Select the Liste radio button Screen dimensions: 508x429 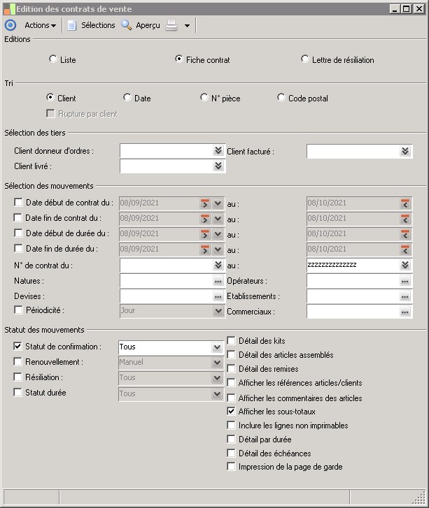point(53,59)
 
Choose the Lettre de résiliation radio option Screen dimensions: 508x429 point(305,59)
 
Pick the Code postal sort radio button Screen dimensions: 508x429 point(281,98)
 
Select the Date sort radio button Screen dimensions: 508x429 point(127,98)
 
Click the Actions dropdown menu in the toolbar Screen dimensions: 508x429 point(40,25)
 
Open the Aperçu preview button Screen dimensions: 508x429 point(141,25)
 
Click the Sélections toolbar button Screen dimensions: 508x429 point(91,25)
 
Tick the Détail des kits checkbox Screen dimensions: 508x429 point(232,340)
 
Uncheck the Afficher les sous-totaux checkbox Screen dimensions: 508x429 point(232,412)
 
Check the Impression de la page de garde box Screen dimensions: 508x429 point(232,466)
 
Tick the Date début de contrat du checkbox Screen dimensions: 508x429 point(18,203)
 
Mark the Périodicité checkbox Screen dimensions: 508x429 point(18,310)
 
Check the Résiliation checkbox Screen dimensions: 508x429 point(18,377)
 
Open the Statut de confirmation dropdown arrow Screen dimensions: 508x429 point(217,347)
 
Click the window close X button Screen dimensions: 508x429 point(419,9)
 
